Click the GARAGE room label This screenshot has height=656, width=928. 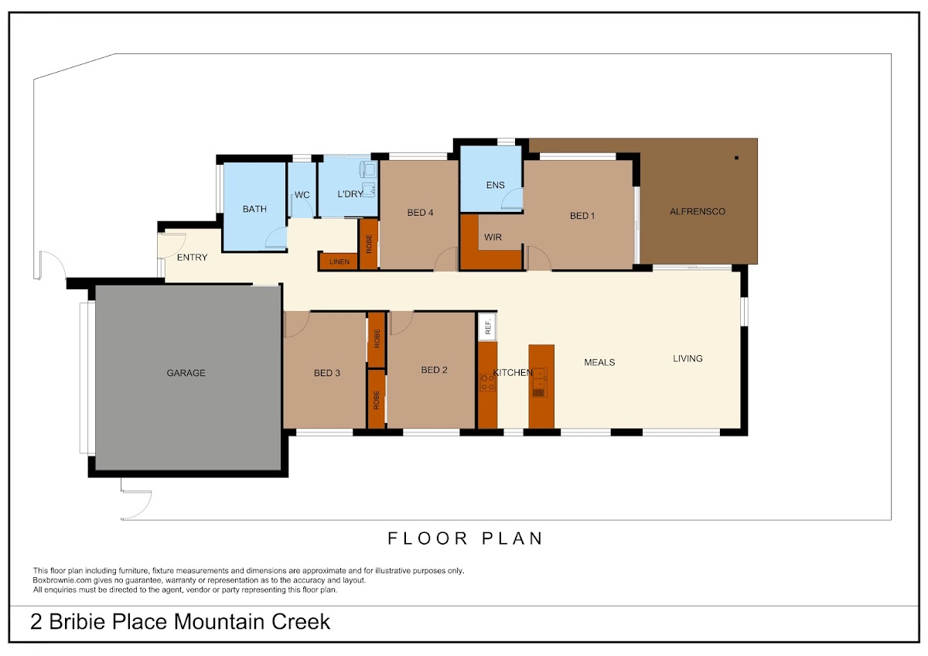click(x=186, y=373)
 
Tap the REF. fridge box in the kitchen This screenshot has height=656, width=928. click(x=488, y=326)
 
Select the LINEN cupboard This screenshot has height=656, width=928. click(x=339, y=261)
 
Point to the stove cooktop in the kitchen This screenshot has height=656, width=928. click(x=487, y=382)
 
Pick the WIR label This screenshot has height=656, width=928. click(x=493, y=237)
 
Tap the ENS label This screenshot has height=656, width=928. click(x=496, y=185)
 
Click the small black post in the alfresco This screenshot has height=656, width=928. click(x=736, y=158)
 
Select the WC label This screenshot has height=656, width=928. click(x=302, y=195)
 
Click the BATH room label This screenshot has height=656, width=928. click(x=254, y=210)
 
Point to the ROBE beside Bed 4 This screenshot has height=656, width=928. click(x=368, y=244)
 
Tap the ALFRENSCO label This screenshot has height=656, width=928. click(x=698, y=212)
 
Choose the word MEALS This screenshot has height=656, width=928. click(x=599, y=363)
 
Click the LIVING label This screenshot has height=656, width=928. click(x=687, y=358)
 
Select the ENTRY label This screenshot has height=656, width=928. click(x=193, y=258)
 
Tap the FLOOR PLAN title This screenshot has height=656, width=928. click(x=465, y=538)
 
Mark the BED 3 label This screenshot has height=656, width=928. click(x=327, y=373)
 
